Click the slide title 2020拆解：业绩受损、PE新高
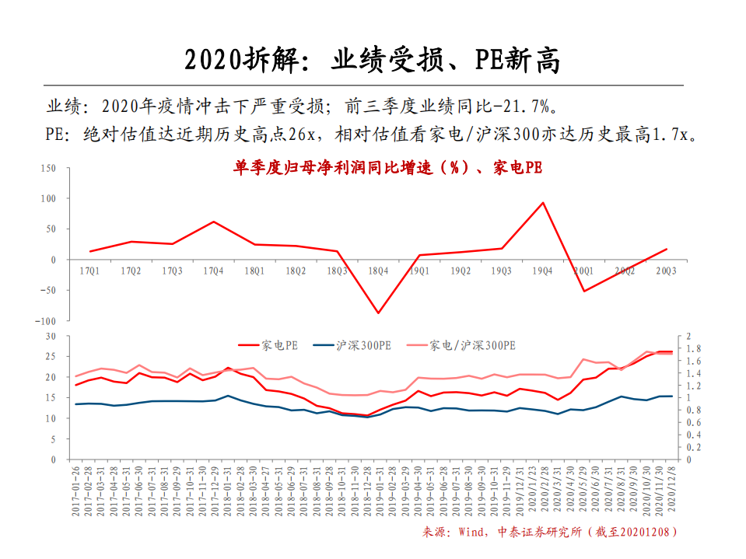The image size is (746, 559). [x=373, y=60]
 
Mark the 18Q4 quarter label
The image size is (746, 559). [x=378, y=271]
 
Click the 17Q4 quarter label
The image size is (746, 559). [x=213, y=271]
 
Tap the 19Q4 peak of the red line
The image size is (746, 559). [x=542, y=203]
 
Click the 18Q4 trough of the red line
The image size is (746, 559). [x=378, y=313]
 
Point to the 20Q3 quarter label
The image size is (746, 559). [x=666, y=271]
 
